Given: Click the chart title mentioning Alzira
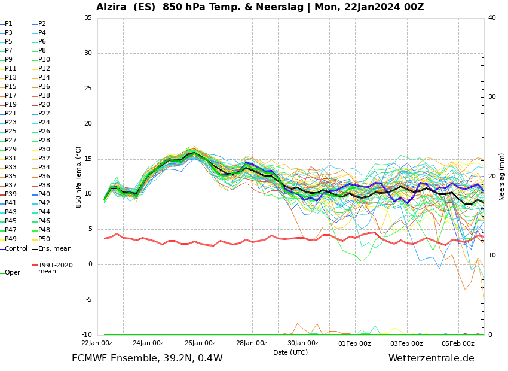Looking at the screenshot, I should pyautogui.click(x=260, y=7).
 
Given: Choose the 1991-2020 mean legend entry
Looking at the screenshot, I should pyautogui.click(x=55, y=268).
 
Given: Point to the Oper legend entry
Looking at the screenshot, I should pyautogui.click(x=12, y=273).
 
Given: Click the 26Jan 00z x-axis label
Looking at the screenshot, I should pyautogui.click(x=200, y=343).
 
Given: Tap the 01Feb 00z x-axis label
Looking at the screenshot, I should pyautogui.click(x=355, y=343).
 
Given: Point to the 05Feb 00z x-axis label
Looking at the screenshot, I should pyautogui.click(x=458, y=343).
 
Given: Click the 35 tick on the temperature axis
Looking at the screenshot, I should pyautogui.click(x=88, y=18).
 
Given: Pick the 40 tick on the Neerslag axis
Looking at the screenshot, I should pyautogui.click(x=492, y=18).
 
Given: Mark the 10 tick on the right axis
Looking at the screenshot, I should pyautogui.click(x=492, y=256).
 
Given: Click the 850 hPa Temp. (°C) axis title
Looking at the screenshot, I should pyautogui.click(x=79, y=177).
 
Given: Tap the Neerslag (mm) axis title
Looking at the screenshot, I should pyautogui.click(x=502, y=177).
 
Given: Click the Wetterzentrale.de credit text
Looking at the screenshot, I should pyautogui.click(x=431, y=358).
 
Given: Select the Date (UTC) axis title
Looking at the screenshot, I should pyautogui.click(x=290, y=352).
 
